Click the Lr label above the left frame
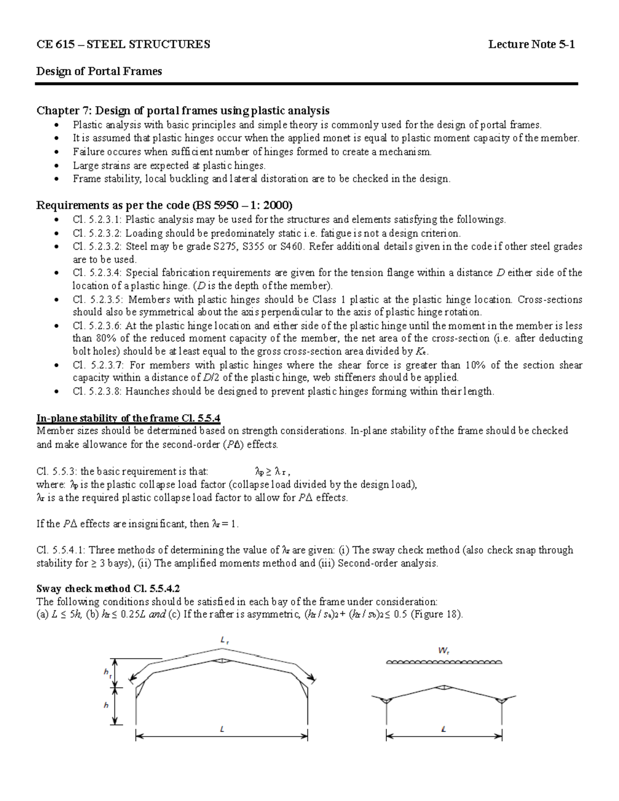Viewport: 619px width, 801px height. [224, 640]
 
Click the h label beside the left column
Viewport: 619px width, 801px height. [106, 705]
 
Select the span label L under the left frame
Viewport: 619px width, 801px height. [222, 729]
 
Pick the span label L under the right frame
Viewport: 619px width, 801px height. [444, 729]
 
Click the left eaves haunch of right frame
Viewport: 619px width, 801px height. [387, 700]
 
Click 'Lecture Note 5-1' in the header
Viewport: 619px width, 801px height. [532, 44]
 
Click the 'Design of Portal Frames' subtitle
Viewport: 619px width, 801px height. [99, 71]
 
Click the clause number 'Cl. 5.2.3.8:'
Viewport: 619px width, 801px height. [97, 391]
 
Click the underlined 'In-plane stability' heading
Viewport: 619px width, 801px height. [78, 418]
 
